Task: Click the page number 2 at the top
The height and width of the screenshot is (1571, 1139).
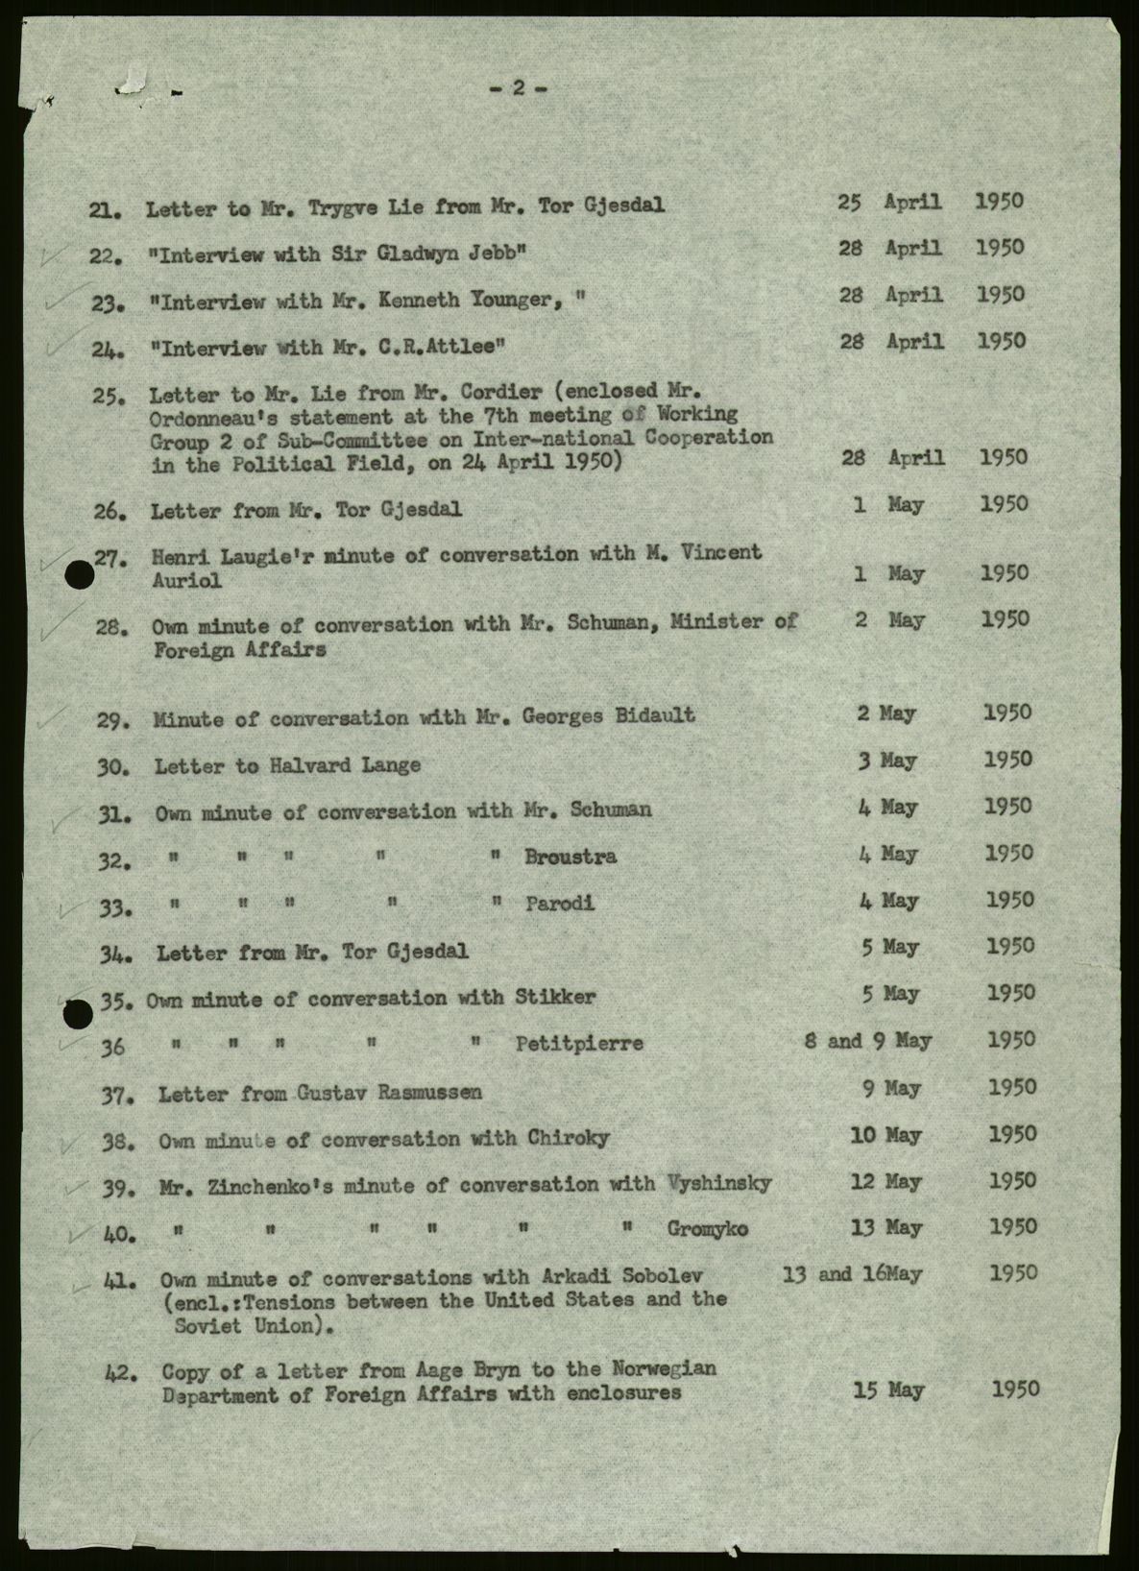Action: pos(519,87)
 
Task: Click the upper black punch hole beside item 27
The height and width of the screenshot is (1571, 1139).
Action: pos(80,574)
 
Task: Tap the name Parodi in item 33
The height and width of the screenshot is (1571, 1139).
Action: pos(560,903)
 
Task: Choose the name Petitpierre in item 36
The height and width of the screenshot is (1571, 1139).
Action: pos(579,1043)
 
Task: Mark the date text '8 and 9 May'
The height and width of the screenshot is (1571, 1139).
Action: pos(867,1041)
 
